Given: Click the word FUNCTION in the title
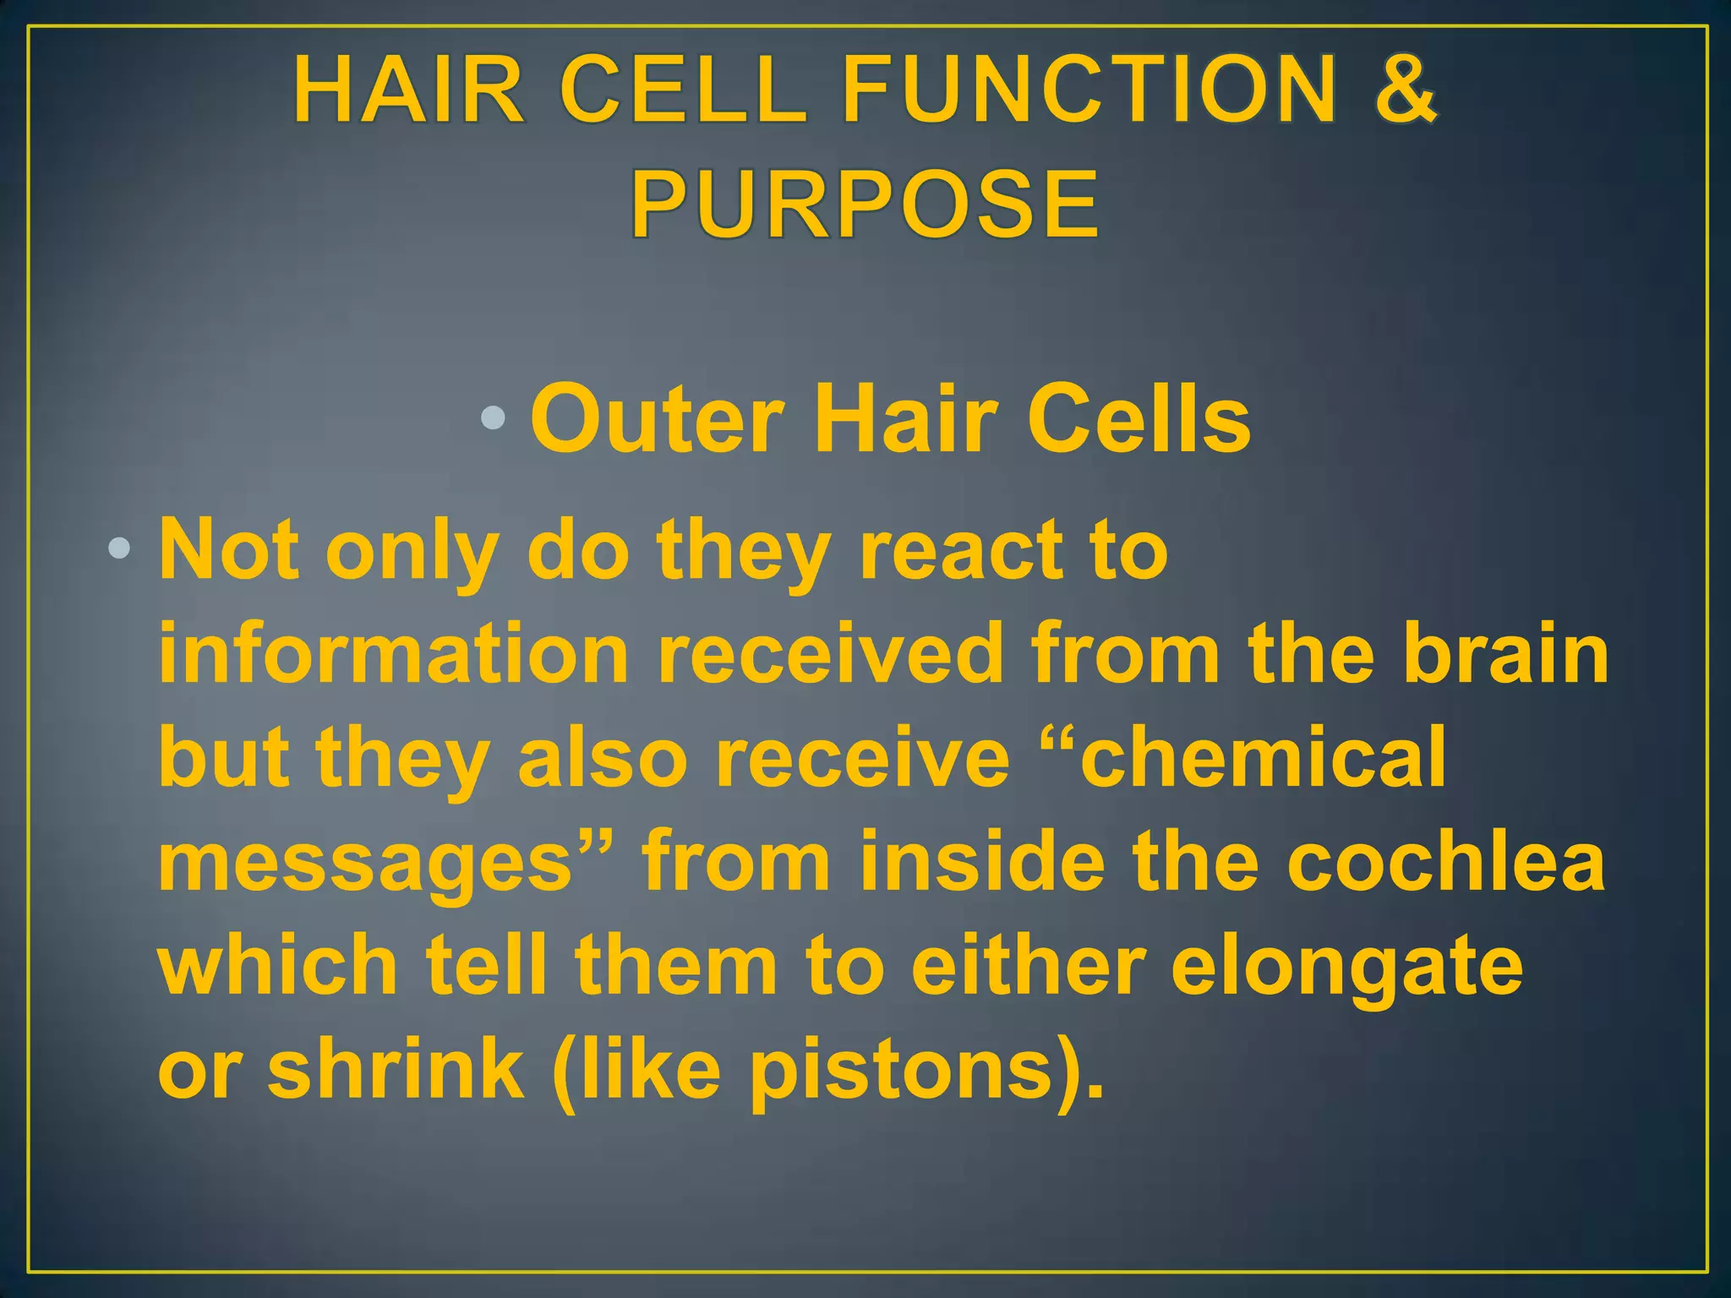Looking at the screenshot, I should (x=1090, y=89).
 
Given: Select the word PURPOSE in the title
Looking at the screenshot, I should (x=865, y=205).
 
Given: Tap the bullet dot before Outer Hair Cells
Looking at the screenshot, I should (x=493, y=417).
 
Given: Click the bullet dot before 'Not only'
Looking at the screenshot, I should (x=119, y=549).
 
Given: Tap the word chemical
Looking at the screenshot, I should (x=1263, y=758).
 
